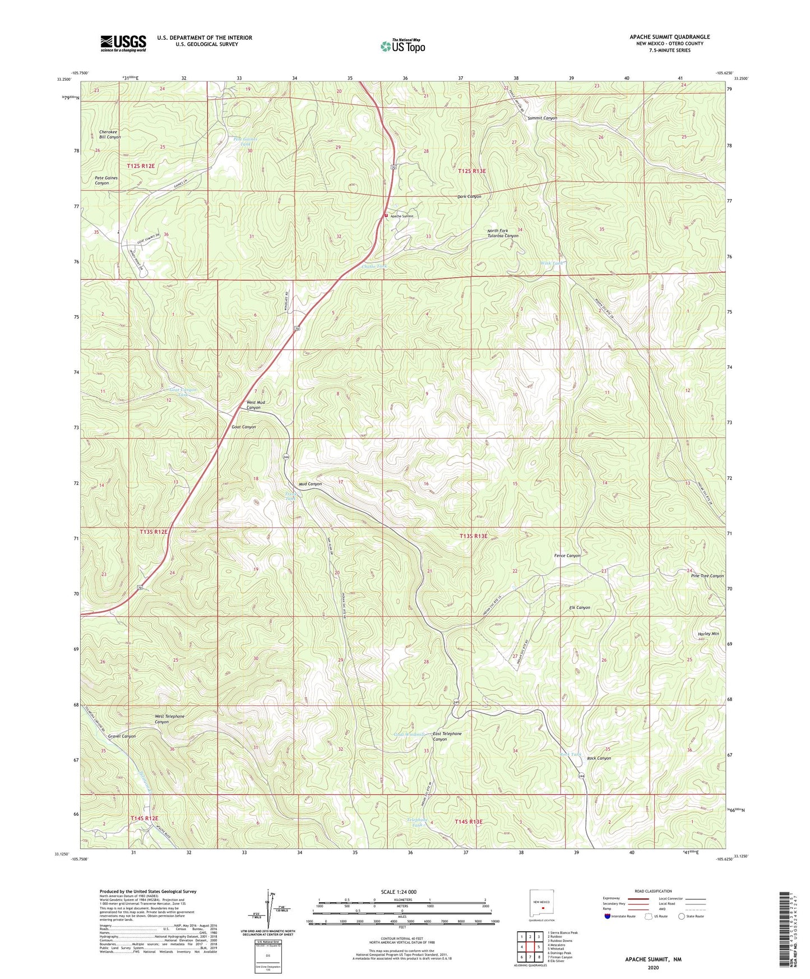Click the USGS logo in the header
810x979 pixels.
point(123,43)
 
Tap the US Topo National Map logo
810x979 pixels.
point(402,46)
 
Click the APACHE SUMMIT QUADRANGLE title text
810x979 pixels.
point(669,37)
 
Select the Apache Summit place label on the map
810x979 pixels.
point(402,216)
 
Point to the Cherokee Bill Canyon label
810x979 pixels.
point(110,135)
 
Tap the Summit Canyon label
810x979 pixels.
point(542,118)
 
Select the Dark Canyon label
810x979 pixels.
point(469,197)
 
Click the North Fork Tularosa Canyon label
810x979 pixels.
point(502,233)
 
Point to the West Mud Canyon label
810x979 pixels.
point(255,405)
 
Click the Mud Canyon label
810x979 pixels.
point(310,484)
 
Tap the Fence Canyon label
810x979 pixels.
point(567,556)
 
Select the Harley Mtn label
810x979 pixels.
point(708,634)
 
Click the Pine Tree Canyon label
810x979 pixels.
point(707,576)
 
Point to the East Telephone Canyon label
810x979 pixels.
point(447,736)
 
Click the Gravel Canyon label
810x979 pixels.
point(122,736)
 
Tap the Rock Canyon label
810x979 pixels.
point(599,758)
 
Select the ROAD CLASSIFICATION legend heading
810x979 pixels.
point(653,891)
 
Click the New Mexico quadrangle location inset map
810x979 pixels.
point(542,904)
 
